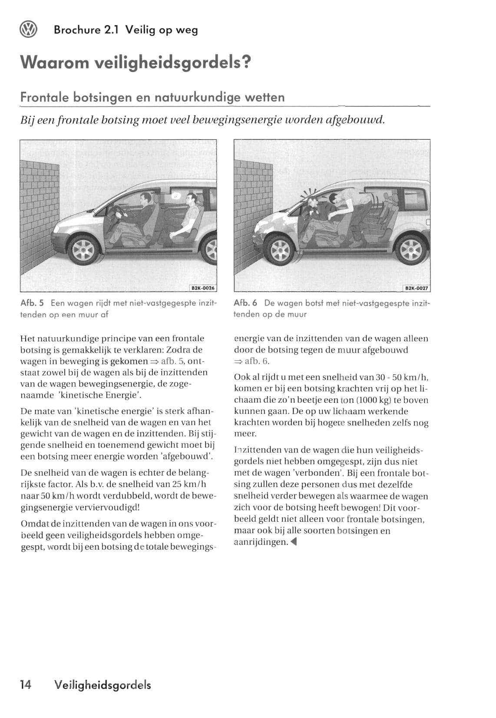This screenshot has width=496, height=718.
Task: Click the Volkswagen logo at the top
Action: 29,30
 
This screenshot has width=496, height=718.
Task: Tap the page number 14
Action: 26,685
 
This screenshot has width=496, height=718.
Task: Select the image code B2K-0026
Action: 203,288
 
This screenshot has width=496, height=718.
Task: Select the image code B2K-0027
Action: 417,288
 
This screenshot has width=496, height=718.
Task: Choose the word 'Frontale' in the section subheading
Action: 45,97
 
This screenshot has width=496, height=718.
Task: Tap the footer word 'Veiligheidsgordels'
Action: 103,685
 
